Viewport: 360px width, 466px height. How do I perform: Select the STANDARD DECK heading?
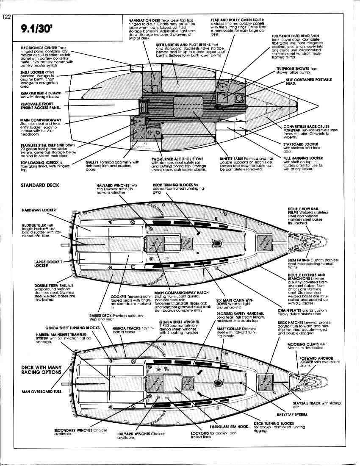[x=40, y=186]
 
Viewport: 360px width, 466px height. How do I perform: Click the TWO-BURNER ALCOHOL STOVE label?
[x=177, y=159]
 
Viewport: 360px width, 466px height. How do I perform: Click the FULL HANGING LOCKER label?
[x=303, y=158]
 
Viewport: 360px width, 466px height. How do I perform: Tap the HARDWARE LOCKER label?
[x=39, y=210]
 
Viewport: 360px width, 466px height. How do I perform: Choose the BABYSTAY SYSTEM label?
[x=292, y=414]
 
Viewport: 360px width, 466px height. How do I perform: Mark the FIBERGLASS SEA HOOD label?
[x=229, y=427]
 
